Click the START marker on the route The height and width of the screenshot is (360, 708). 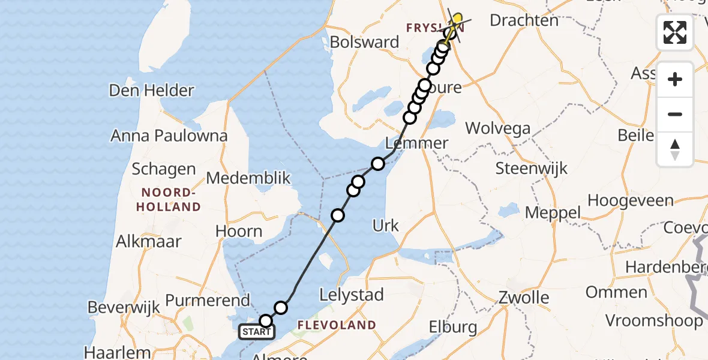pyautogui.click(x=257, y=332)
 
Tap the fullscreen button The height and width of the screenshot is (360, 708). pyautogui.click(x=675, y=32)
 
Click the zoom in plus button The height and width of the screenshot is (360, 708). pyautogui.click(x=675, y=79)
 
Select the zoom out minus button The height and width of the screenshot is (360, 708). pyautogui.click(x=675, y=114)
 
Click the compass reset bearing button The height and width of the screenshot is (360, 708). pyautogui.click(x=675, y=149)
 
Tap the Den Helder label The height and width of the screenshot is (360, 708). pyautogui.click(x=151, y=91)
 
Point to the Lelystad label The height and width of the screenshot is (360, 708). pyautogui.click(x=352, y=295)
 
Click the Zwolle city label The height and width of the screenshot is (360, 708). pyautogui.click(x=523, y=298)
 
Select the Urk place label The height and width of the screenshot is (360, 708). pyautogui.click(x=386, y=226)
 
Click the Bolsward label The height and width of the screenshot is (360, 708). pyautogui.click(x=365, y=43)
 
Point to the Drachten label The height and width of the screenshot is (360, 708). pyautogui.click(x=524, y=20)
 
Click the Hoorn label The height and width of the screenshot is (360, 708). pyautogui.click(x=239, y=232)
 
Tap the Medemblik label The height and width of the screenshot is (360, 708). pyautogui.click(x=248, y=178)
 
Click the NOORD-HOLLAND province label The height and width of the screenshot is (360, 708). pyautogui.click(x=168, y=200)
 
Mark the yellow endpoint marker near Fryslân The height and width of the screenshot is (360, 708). pyautogui.click(x=457, y=19)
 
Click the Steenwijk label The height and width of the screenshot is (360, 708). pyautogui.click(x=531, y=169)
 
